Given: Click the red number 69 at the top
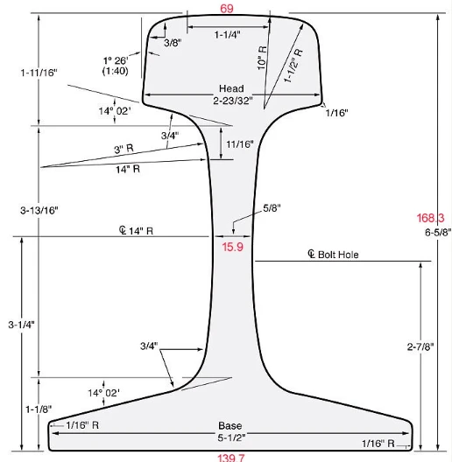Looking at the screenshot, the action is coord(227,9).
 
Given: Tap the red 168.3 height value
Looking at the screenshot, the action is coord(430,218).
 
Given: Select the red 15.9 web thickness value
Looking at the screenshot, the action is coord(232,247).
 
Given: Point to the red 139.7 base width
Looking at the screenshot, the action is coord(231,458).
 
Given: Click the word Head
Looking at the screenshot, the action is coord(231,88).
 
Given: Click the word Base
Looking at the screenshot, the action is coord(230,426).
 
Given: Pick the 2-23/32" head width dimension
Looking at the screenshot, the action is coord(233,101).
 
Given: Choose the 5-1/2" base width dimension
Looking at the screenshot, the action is coord(231,437).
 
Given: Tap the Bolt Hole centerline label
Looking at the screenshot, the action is coord(333,255).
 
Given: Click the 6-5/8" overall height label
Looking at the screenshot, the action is coord(438,232).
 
